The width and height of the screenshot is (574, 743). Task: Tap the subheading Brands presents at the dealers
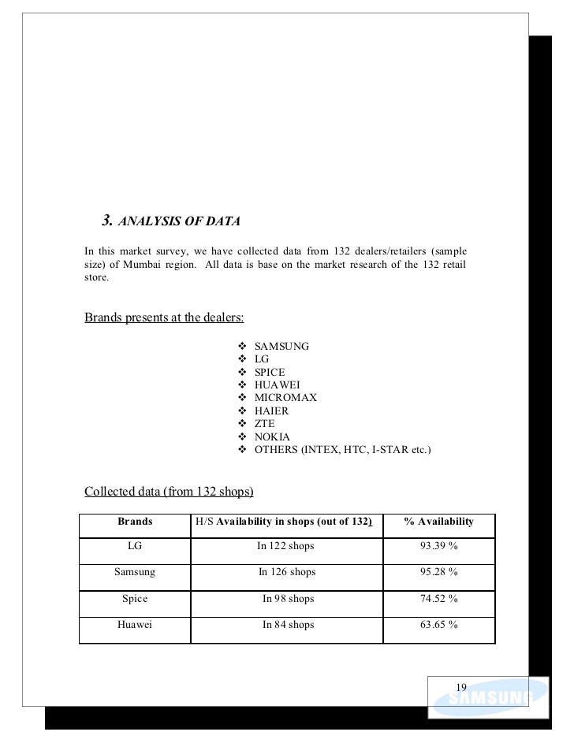164,318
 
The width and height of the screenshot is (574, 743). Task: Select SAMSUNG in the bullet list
281,346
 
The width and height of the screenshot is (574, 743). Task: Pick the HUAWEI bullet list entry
277,385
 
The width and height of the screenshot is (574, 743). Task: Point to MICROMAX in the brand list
285,398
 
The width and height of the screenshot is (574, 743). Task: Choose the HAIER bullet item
271,411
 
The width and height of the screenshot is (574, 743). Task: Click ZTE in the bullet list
265,424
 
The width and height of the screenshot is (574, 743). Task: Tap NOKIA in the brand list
272,437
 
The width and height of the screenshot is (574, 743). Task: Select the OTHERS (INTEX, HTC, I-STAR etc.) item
342,450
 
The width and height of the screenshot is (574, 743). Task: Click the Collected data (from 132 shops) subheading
169,492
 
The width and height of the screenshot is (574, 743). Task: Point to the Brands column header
135,522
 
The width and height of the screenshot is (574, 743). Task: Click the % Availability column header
438,522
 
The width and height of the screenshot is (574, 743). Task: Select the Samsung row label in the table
135,572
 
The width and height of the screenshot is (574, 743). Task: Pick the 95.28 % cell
439,572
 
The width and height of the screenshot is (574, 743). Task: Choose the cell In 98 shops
288,599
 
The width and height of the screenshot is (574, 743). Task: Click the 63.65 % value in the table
439,625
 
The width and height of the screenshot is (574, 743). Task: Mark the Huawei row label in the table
135,625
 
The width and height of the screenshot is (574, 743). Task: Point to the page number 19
461,686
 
